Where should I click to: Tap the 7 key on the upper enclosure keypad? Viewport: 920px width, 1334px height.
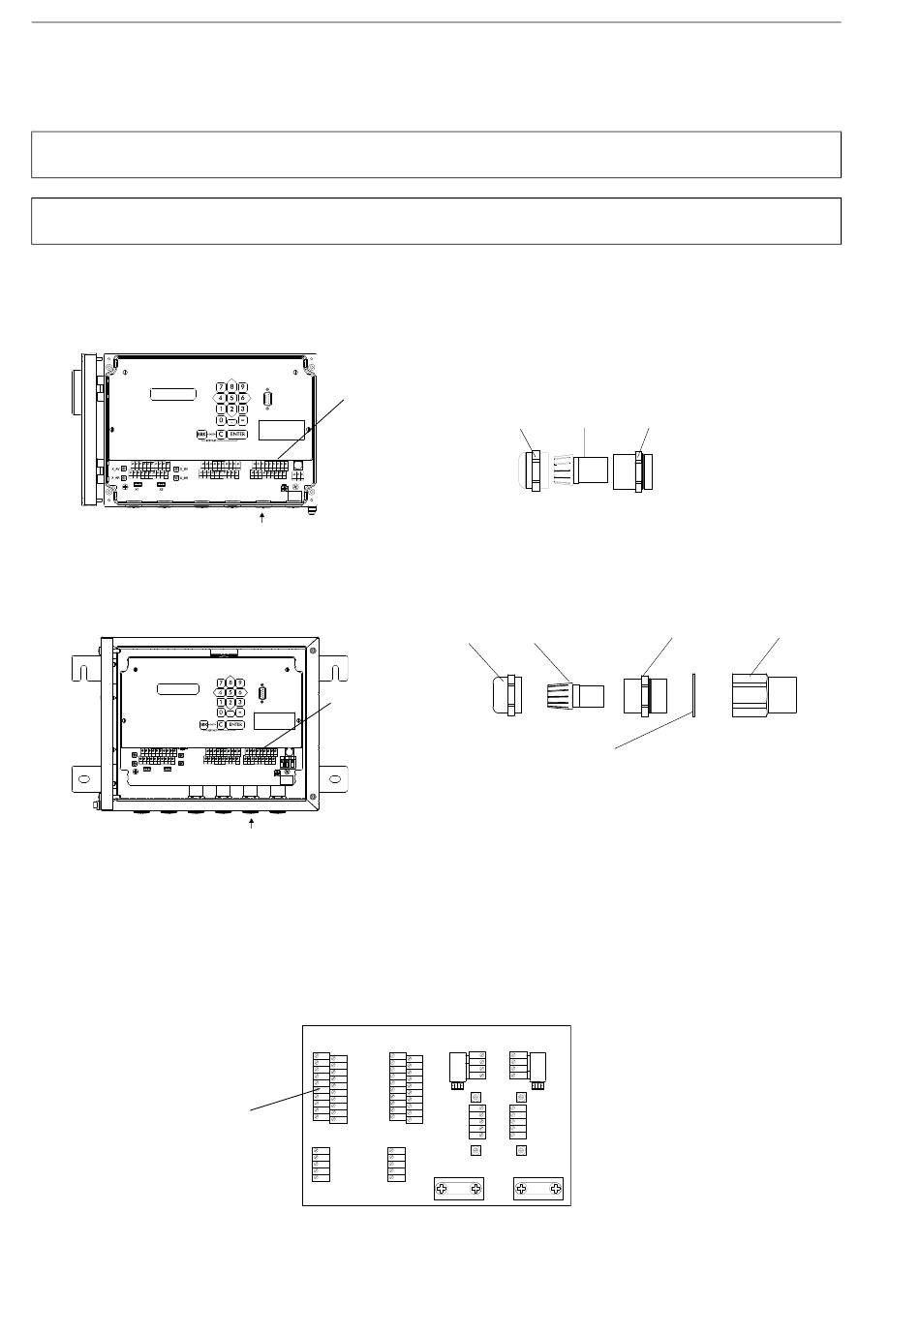(x=222, y=386)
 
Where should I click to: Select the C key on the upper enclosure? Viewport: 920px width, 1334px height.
(x=221, y=434)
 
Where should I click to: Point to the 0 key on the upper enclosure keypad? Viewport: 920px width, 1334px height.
(x=222, y=420)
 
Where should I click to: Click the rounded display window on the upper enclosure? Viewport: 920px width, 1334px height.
(x=173, y=394)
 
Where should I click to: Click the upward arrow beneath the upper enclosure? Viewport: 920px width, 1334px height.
(x=261, y=521)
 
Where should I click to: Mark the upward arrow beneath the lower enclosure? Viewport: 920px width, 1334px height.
(x=252, y=823)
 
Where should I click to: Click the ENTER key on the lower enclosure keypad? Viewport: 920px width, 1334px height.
(x=236, y=724)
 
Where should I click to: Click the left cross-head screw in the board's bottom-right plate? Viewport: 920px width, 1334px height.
(x=523, y=1189)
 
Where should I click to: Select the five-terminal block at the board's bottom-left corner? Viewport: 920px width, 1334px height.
(x=319, y=1164)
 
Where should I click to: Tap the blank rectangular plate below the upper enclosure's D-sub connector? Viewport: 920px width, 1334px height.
(x=281, y=430)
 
